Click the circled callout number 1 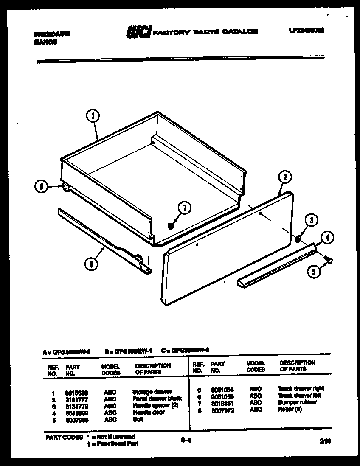coord(93,116)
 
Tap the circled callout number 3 coord(311,220)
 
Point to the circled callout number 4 coord(326,238)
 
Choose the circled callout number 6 coord(91,264)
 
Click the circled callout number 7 coord(184,208)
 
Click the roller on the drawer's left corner coord(65,187)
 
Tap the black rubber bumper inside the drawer coord(171,225)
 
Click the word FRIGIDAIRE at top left coord(52,34)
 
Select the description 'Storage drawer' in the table coord(152,392)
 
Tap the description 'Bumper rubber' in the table coord(297,402)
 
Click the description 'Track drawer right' coord(301,388)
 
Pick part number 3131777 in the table coord(76,399)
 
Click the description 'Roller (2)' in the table coord(290,410)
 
